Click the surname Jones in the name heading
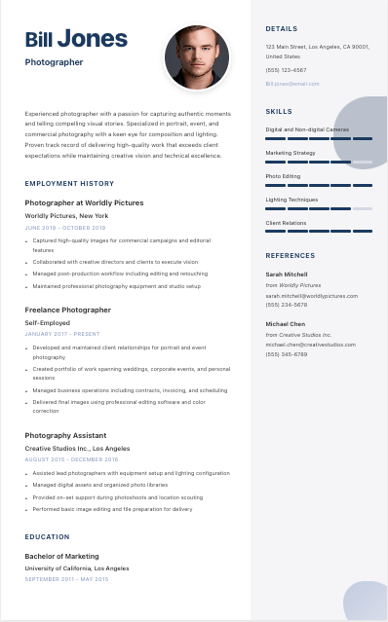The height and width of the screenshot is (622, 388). pyautogui.click(x=92, y=39)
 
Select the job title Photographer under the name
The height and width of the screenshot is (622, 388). pyautogui.click(x=54, y=62)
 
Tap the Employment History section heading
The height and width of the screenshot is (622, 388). pyautogui.click(x=69, y=183)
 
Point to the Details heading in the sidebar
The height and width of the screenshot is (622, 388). pyautogui.click(x=282, y=29)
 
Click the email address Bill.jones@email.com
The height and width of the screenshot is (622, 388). pyautogui.click(x=292, y=84)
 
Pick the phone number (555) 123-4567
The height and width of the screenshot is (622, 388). pyautogui.click(x=286, y=70)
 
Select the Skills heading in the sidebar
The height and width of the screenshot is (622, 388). pyautogui.click(x=279, y=112)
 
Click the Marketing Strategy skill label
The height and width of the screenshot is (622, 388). pyautogui.click(x=291, y=153)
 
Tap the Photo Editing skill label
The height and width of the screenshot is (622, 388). pyautogui.click(x=283, y=176)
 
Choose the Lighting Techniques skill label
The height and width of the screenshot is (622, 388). pyautogui.click(x=291, y=200)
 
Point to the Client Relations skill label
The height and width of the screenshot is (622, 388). pyautogui.click(x=286, y=223)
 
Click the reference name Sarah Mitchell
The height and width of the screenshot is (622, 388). pyautogui.click(x=287, y=274)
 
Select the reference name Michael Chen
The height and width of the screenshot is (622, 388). pyautogui.click(x=286, y=323)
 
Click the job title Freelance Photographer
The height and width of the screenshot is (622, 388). pyautogui.click(x=68, y=310)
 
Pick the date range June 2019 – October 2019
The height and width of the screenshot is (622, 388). pyautogui.click(x=58, y=228)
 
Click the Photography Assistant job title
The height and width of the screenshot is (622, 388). pyautogui.click(x=65, y=435)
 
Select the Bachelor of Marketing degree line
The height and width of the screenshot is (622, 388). pyautogui.click(x=61, y=556)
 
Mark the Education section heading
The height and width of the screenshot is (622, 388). pyautogui.click(x=47, y=536)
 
